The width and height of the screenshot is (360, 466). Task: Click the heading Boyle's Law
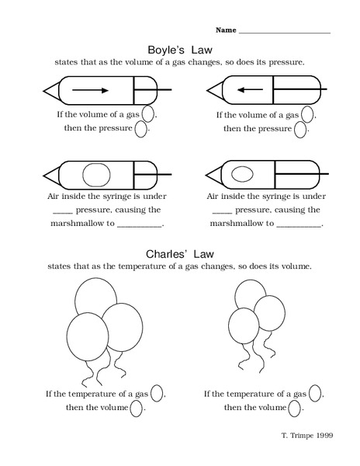pos(179,47)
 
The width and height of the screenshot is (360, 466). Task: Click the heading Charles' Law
pos(178,253)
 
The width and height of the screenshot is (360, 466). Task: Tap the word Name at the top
pos(225,30)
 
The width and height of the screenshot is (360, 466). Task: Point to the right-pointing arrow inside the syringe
pos(88,90)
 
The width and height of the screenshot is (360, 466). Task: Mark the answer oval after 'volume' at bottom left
pos(137,408)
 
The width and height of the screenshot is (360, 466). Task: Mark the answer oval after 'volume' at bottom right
pos(296,408)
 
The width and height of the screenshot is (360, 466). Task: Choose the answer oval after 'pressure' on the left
pos(141,129)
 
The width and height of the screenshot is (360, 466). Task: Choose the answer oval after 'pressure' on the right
pos(301,129)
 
